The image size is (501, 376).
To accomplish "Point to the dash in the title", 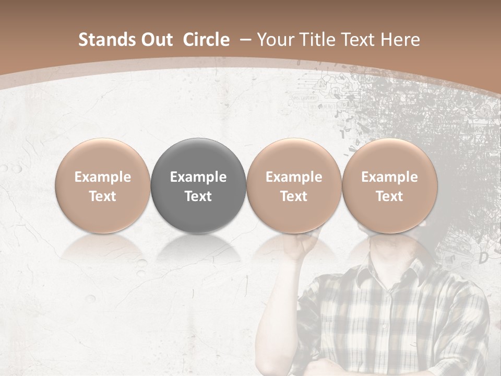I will point(244,40).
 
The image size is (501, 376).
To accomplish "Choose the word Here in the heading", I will point(401,40).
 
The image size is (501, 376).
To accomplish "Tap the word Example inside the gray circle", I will point(198,177).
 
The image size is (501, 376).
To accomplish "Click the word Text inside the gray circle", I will point(198,196).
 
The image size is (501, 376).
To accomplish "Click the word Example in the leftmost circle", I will point(103,177).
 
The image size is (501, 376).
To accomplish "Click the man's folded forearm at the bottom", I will point(334,366).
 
